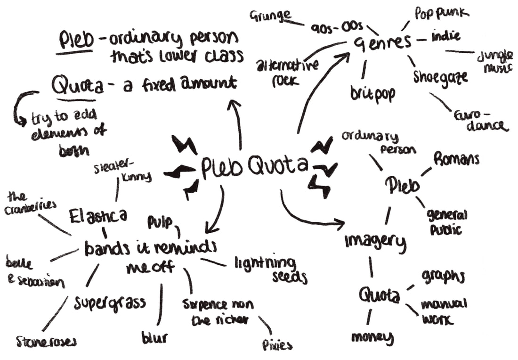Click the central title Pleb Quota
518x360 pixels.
pyautogui.click(x=255, y=166)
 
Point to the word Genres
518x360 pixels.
pyautogui.click(x=382, y=44)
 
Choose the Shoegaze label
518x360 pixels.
pyautogui.click(x=441, y=76)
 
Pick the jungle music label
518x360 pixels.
pyautogui.click(x=494, y=62)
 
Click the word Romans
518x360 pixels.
pyautogui.click(x=456, y=159)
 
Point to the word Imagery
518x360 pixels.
pyautogui.click(x=375, y=241)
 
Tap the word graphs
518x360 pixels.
pyautogui.click(x=443, y=277)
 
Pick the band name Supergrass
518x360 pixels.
pyautogui.click(x=109, y=303)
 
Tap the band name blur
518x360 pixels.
pyautogui.click(x=154, y=337)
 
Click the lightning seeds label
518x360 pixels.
pyautogui.click(x=271, y=269)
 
